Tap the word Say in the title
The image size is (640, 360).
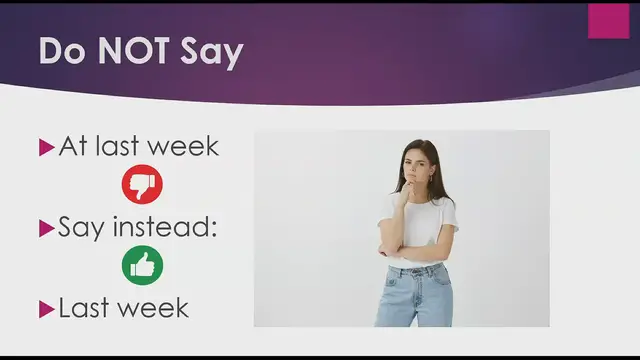pyautogui.click(x=212, y=53)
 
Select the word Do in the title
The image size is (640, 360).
pyautogui.click(x=59, y=53)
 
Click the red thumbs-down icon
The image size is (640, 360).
pyautogui.click(x=142, y=184)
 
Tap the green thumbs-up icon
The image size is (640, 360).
pyautogui.click(x=142, y=265)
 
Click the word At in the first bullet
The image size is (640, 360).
pyautogui.click(x=73, y=146)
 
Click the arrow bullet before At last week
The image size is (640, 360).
pyautogui.click(x=45, y=147)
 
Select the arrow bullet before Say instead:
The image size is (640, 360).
pyautogui.click(x=45, y=228)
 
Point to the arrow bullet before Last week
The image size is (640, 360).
pyautogui.click(x=45, y=309)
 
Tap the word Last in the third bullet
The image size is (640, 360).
pyautogui.click(x=83, y=308)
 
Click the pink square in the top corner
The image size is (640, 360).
pyautogui.click(x=608, y=21)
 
